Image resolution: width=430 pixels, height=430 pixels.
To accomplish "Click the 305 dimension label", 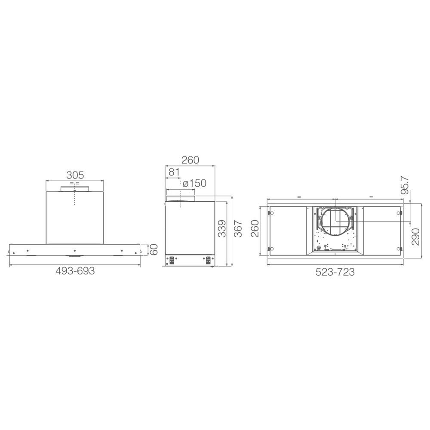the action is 75,175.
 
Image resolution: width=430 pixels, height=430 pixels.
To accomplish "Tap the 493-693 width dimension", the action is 75,271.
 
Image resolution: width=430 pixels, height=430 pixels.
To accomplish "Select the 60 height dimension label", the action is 154,249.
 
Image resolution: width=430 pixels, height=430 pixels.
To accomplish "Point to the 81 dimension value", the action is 174,172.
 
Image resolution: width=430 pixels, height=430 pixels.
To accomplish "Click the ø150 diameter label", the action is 194,183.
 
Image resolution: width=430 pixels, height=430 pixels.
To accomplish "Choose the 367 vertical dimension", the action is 238,228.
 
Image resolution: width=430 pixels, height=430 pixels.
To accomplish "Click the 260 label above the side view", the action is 190,160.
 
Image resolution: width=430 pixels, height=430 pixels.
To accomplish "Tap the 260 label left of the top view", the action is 255,228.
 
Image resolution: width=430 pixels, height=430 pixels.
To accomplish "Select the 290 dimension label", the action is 415,236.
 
